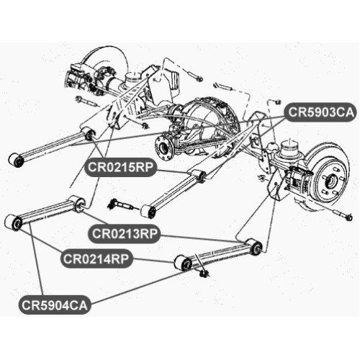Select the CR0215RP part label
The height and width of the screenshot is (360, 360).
tap(120, 167)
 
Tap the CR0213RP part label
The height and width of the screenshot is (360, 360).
tap(125, 233)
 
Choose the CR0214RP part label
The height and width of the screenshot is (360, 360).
tap(96, 258)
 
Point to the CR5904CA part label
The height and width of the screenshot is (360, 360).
tap(55, 305)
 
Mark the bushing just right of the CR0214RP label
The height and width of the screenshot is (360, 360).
tap(183, 263)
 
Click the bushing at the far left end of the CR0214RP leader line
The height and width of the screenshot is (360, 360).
tap(14, 222)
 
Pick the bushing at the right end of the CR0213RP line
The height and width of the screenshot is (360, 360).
tap(254, 246)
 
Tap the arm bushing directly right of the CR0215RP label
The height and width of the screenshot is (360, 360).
tap(199, 176)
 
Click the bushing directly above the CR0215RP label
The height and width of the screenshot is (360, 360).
tap(89, 134)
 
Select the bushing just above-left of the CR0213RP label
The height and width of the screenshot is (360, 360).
tap(77, 204)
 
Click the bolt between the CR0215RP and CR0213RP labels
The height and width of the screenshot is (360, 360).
tap(122, 204)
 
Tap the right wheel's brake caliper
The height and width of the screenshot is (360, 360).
tap(300, 179)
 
